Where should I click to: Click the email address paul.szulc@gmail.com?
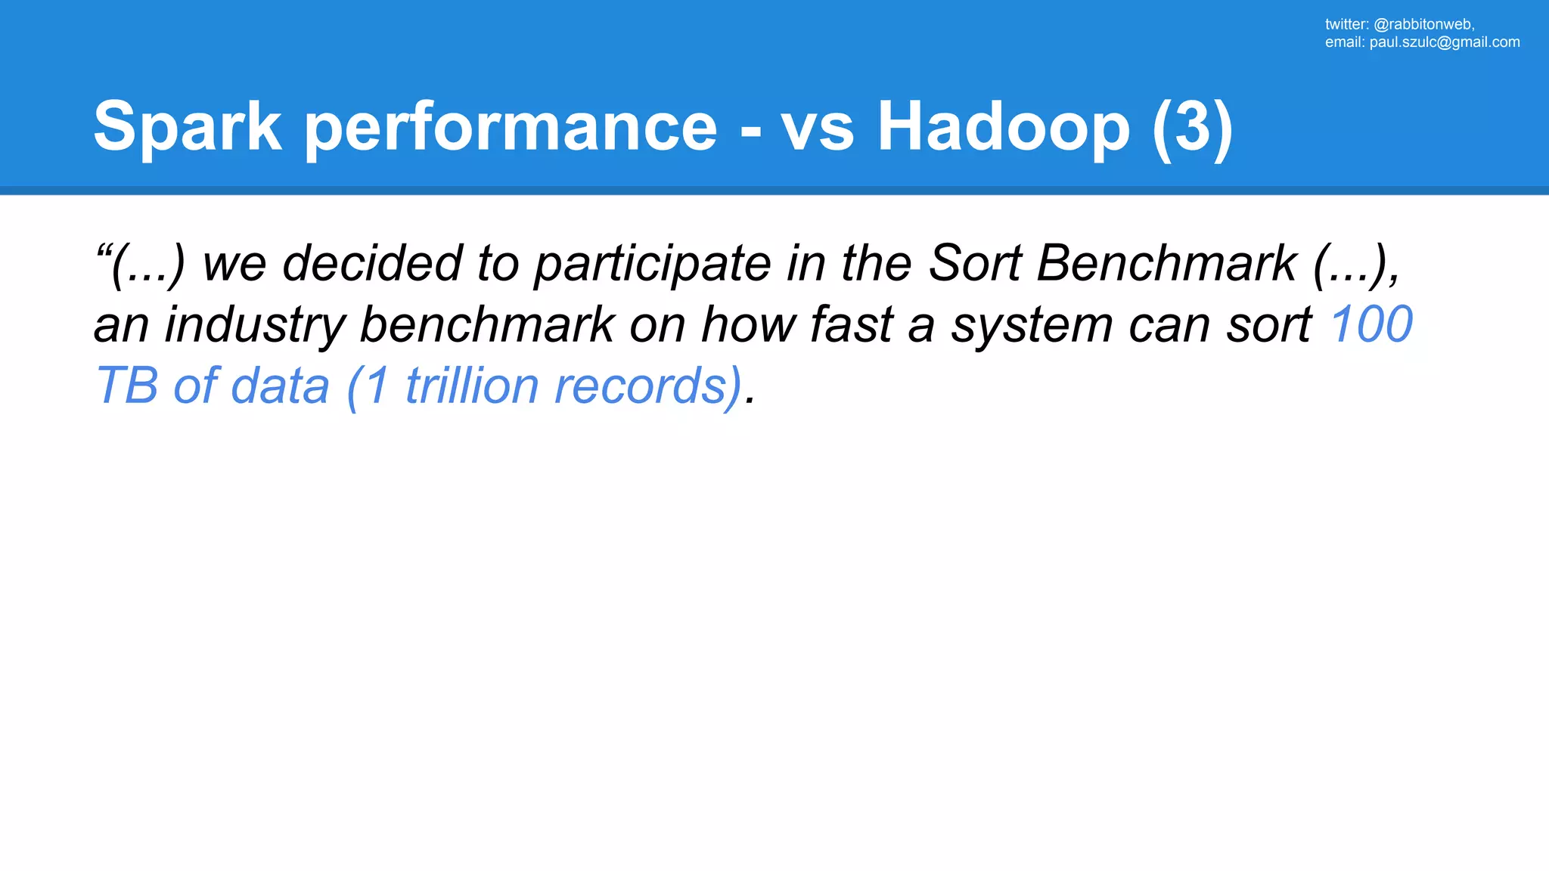pos(1444,42)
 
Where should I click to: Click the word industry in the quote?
pos(254,325)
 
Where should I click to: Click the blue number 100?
pos(1371,325)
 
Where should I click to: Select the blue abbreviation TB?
pos(126,386)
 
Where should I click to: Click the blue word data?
pos(280,386)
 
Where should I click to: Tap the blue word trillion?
pos(472,386)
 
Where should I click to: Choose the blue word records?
pos(647,386)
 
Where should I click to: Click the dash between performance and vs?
pos(750,130)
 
